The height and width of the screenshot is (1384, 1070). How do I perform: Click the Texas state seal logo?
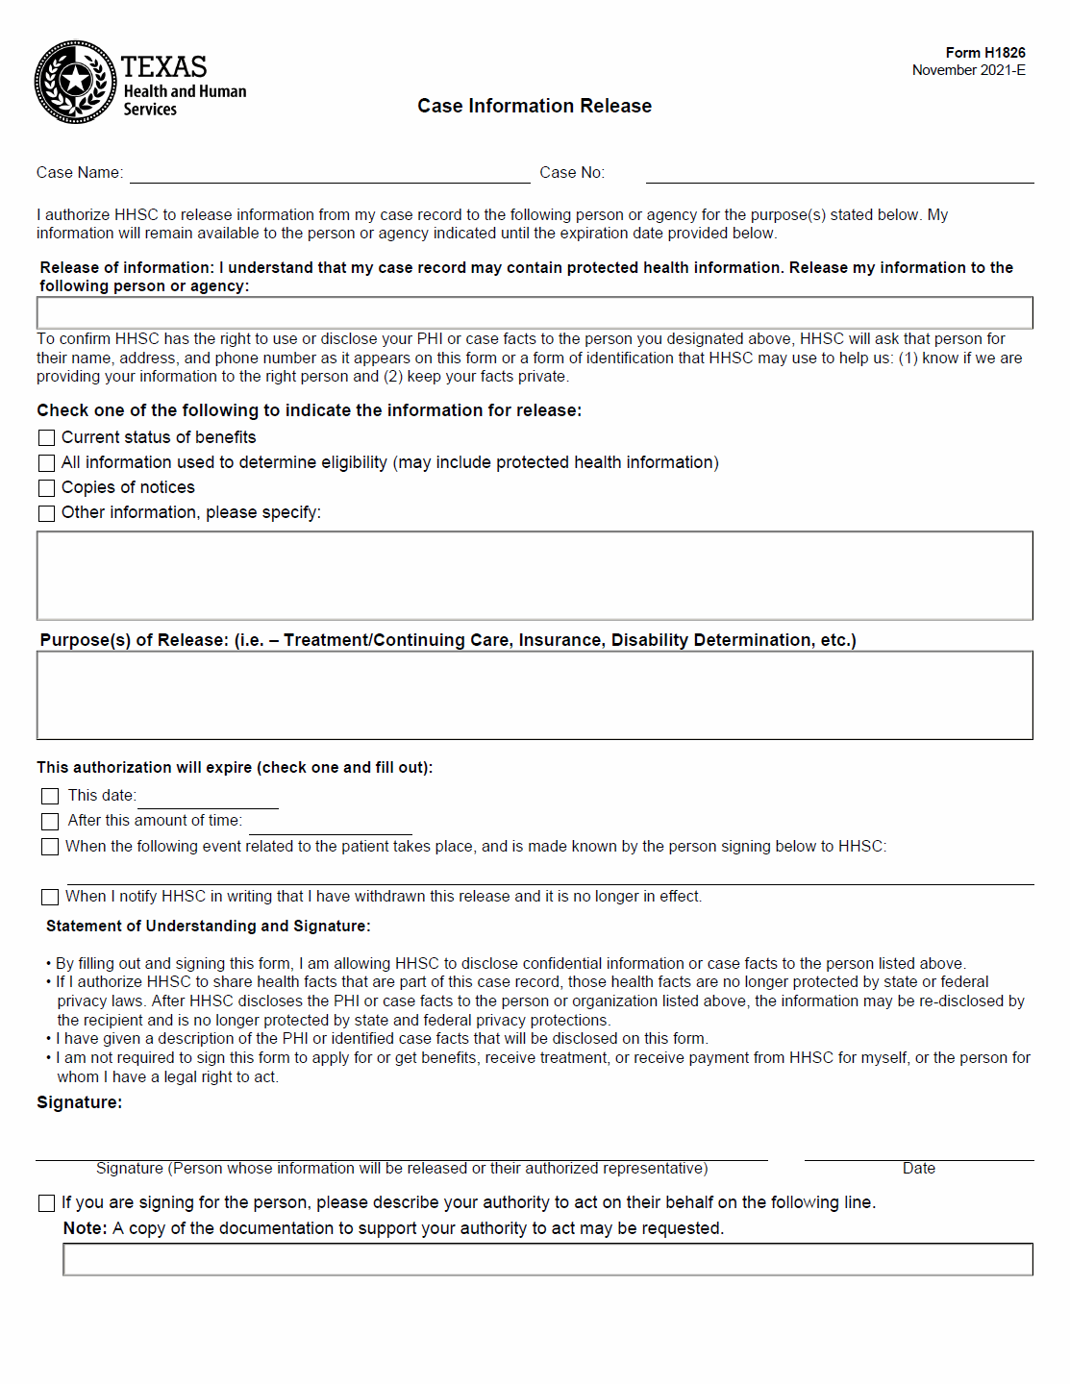[75, 82]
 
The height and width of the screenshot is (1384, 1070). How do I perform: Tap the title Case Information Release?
[535, 106]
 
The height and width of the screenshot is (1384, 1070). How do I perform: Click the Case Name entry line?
[330, 174]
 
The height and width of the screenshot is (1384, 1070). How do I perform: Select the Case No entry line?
[839, 174]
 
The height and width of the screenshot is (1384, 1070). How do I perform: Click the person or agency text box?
[535, 313]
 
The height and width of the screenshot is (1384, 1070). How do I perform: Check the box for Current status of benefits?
[47, 438]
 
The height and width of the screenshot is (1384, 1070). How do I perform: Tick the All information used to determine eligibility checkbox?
[47, 463]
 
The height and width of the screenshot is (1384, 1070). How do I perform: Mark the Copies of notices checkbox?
[47, 488]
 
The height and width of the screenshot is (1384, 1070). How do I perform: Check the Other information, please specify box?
[47, 513]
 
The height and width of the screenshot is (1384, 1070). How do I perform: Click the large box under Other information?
[535, 576]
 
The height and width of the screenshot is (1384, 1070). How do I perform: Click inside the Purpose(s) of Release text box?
[535, 696]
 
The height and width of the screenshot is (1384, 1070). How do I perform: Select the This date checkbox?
[51, 797]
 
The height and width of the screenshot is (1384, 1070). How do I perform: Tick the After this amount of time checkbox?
[51, 822]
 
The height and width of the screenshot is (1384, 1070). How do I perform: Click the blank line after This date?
[208, 800]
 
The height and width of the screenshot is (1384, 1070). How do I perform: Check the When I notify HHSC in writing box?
[51, 897]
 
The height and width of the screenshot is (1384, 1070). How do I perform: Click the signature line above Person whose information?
[402, 1151]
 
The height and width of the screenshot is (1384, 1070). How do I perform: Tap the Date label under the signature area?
[918, 1169]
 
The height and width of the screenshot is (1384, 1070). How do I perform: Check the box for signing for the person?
[47, 1203]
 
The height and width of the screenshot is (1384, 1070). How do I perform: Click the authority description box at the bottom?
[548, 1260]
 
